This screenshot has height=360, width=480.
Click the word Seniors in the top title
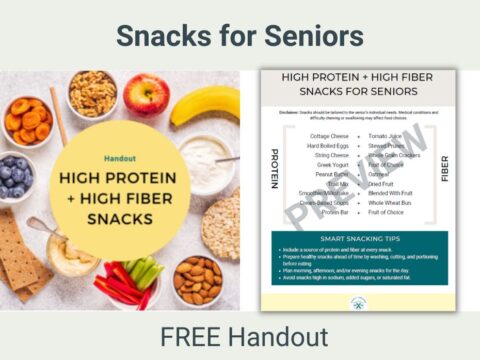click(310, 36)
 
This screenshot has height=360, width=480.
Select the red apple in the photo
click(147, 95)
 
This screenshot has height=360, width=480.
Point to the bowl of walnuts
click(92, 93)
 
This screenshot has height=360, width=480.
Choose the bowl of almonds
click(198, 279)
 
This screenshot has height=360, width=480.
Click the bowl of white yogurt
click(204, 155)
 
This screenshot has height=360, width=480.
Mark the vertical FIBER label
click(441, 170)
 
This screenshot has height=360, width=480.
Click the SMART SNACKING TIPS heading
click(357, 241)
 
